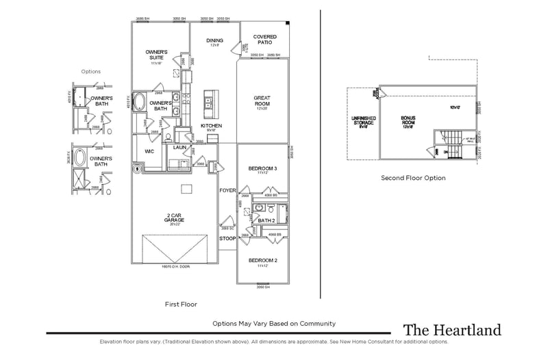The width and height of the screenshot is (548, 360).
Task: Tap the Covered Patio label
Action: pyautogui.click(x=264, y=39)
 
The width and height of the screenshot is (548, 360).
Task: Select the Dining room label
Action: pyautogui.click(x=214, y=40)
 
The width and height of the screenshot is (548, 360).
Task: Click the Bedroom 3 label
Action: pyautogui.click(x=262, y=169)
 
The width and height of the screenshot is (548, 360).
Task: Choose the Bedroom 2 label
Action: pyautogui.click(x=262, y=261)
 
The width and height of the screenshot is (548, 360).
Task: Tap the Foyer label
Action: pyautogui.click(x=227, y=191)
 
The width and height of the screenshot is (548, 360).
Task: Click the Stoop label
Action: pyautogui.click(x=227, y=239)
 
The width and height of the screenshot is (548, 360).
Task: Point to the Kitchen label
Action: pyautogui.click(x=211, y=126)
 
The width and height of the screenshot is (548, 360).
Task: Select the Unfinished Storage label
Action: pyautogui.click(x=362, y=122)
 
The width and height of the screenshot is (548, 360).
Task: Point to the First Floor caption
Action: pyautogui.click(x=182, y=303)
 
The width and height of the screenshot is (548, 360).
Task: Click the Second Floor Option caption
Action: pyautogui.click(x=413, y=178)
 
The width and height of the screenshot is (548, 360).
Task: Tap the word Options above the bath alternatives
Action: pyautogui.click(x=90, y=71)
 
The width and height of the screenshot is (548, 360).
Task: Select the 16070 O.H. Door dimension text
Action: pyautogui.click(x=175, y=267)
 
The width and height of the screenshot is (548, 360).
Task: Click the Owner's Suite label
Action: pyautogui.click(x=158, y=54)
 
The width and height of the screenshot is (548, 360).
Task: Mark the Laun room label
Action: pyautogui.click(x=180, y=146)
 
